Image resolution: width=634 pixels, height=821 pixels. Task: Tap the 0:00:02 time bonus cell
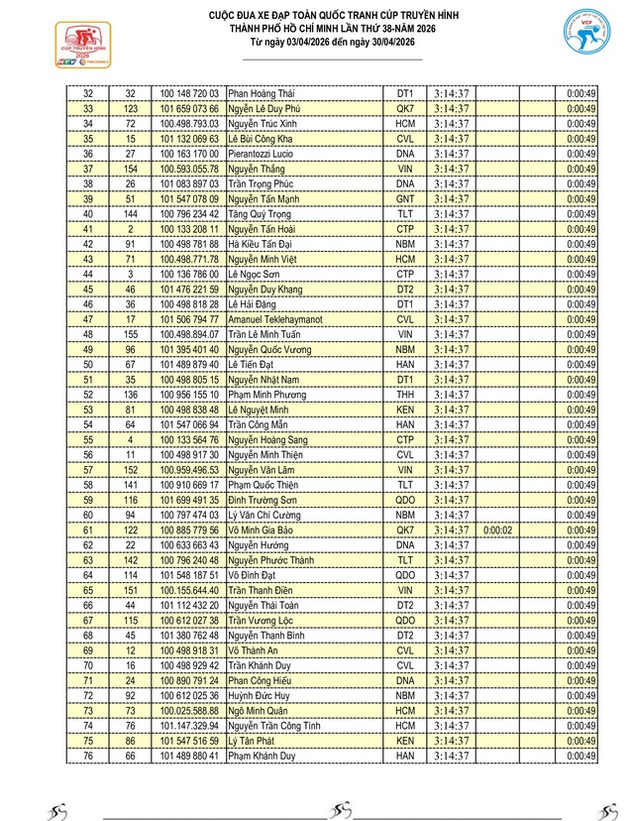pyautogui.click(x=497, y=529)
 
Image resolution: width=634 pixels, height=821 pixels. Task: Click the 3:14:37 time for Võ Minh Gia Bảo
pyautogui.click(x=451, y=529)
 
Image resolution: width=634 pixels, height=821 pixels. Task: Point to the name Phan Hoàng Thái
pyautogui.click(x=263, y=93)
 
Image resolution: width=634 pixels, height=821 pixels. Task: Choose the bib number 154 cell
pyautogui.click(x=131, y=169)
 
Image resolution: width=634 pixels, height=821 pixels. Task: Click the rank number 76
pyautogui.click(x=88, y=756)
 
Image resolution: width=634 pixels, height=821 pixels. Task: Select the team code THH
pyautogui.click(x=404, y=394)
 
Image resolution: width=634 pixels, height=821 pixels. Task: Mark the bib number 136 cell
pyautogui.click(x=131, y=394)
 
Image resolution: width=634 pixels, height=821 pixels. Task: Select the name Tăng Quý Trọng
pyautogui.click(x=260, y=213)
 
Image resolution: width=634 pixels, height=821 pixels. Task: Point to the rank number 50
pyautogui.click(x=88, y=364)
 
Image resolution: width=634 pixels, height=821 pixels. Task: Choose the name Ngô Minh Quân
pyautogui.click(x=262, y=710)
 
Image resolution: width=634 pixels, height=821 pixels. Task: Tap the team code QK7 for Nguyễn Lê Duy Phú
pyautogui.click(x=404, y=108)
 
